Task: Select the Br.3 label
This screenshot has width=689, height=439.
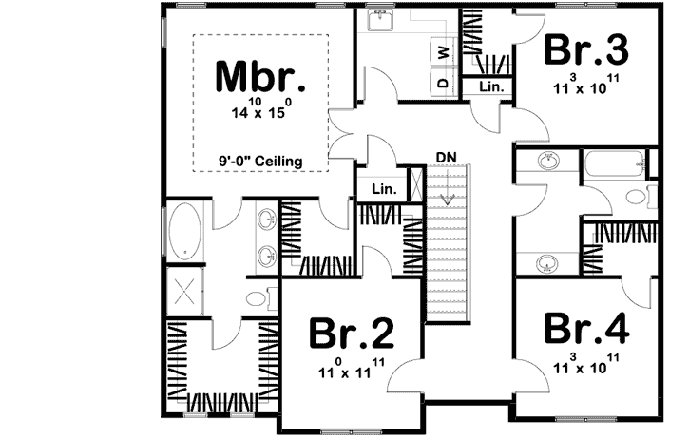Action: (x=586, y=49)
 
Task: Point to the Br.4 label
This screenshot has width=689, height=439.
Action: (x=586, y=329)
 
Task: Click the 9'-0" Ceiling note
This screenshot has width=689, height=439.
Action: (x=261, y=162)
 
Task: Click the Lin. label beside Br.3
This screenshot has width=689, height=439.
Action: (x=490, y=86)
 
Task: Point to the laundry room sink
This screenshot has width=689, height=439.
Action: (x=383, y=20)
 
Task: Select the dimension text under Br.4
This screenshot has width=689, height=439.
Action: (x=586, y=362)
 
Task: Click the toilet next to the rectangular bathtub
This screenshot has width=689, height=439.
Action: (x=636, y=197)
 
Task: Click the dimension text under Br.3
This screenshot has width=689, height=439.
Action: (x=586, y=84)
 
